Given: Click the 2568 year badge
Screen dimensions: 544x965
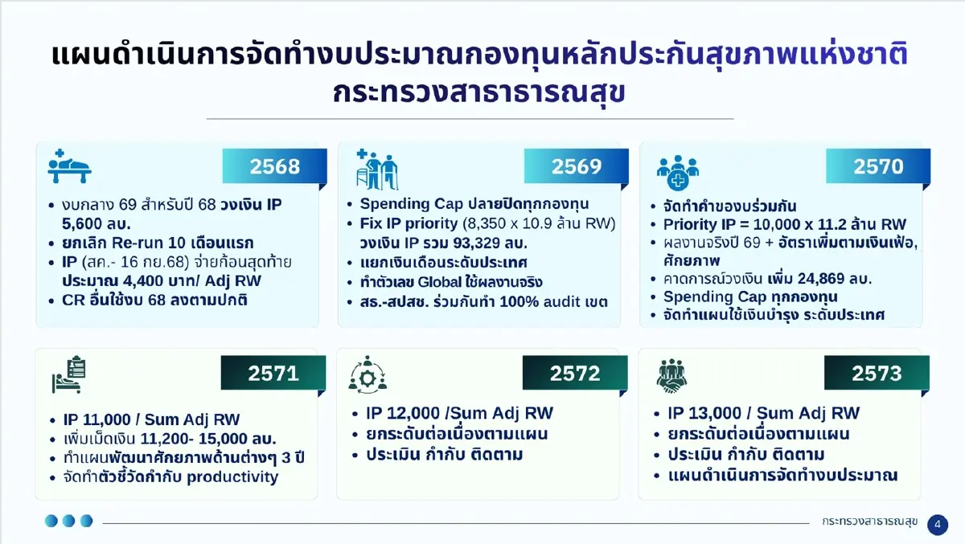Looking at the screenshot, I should coord(274,167).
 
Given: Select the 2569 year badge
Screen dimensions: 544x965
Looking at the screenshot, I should coord(576,167).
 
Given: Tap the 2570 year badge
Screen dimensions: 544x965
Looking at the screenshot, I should coord(878,167).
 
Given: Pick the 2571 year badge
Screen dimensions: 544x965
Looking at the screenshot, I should coord(273,373).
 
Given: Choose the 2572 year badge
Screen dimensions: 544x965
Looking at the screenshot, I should coord(575,373).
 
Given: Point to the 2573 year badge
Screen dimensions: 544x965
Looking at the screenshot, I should coord(877,373).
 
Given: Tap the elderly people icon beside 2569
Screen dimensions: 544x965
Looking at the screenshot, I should coord(377,169).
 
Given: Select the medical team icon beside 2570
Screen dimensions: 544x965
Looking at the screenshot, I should coord(677,167).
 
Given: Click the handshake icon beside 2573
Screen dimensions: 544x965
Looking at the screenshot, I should coord(677,376).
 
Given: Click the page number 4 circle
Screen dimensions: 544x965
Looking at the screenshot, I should coord(937,524).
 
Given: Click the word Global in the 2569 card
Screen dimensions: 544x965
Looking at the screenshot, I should coord(461,282).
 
